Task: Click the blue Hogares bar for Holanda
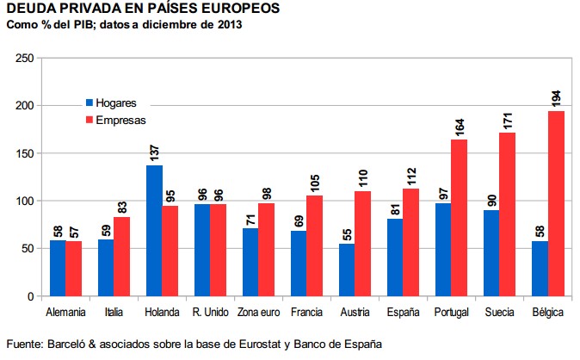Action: tap(155, 231)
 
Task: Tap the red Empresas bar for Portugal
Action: tap(460, 218)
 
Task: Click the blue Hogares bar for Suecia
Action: tap(491, 253)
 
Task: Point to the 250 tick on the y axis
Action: tap(25, 59)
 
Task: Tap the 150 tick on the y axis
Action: tap(25, 153)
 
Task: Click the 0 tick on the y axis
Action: tap(30, 296)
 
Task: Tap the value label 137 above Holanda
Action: tap(155, 151)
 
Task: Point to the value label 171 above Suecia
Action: tap(508, 118)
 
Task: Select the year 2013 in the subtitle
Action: tap(227, 24)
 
